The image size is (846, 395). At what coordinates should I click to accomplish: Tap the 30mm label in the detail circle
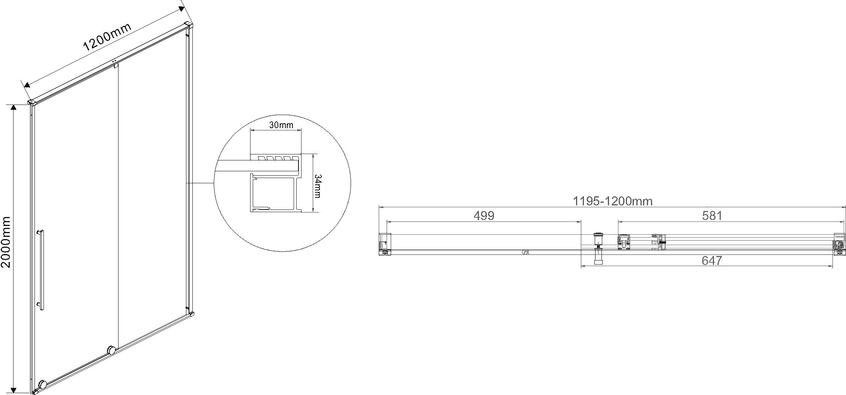tap(281, 125)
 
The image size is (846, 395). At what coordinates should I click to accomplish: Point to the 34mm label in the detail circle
tap(317, 186)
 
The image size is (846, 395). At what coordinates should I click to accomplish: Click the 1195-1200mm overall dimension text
tap(613, 201)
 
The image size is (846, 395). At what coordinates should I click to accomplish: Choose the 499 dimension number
tap(484, 215)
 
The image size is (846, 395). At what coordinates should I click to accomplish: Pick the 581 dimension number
tap(711, 215)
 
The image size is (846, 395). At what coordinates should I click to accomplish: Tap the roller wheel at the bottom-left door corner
tap(43, 385)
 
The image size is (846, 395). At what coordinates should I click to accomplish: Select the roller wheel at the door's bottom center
tap(111, 351)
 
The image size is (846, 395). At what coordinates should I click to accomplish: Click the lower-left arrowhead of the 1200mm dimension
tap(27, 85)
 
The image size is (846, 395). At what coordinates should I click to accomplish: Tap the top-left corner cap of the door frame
tap(32, 102)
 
